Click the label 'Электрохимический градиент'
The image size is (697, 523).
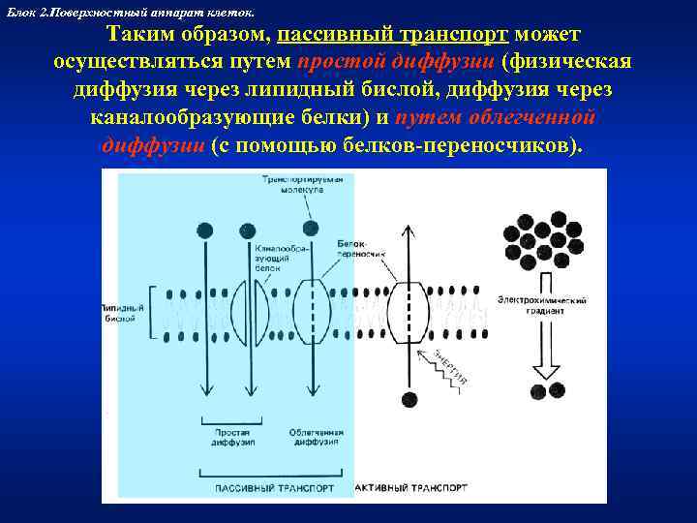(543, 306)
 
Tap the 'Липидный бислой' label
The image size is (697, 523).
(123, 313)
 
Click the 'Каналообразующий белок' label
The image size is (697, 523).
(280, 261)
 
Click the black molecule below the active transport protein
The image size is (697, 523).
(409, 399)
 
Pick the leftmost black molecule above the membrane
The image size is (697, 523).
(205, 230)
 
